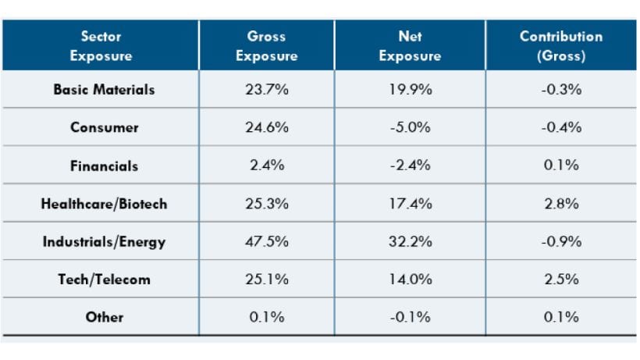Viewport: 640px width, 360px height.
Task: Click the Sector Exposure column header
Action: [x=100, y=46]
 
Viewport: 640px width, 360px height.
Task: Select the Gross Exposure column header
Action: [x=266, y=46]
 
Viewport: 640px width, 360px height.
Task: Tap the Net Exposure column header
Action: [x=409, y=46]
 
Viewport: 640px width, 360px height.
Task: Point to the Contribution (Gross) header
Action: [x=562, y=46]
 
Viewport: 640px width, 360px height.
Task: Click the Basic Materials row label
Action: [x=104, y=90]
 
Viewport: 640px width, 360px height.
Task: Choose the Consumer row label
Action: [x=104, y=128]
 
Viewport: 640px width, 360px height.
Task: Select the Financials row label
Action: [x=104, y=166]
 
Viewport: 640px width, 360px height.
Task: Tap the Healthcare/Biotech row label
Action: [x=104, y=205]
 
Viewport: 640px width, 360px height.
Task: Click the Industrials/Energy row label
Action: [x=104, y=242]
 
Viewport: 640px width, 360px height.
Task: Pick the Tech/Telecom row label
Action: [x=104, y=280]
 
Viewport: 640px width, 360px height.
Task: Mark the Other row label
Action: [x=104, y=317]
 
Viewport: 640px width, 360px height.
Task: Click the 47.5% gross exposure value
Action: [x=266, y=242]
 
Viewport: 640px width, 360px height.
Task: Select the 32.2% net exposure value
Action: [x=410, y=242]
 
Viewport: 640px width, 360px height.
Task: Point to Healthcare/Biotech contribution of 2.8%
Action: [x=562, y=205]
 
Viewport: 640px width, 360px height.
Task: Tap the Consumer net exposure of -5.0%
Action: [x=410, y=128]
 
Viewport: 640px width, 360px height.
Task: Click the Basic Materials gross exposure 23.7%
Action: [x=266, y=90]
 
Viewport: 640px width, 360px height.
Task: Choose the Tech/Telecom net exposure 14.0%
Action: [x=410, y=280]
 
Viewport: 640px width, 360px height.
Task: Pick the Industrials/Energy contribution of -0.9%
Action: [x=562, y=242]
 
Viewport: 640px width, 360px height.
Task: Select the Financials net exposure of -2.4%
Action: [x=410, y=166]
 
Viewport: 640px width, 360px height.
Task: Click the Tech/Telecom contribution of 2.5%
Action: [x=562, y=280]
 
